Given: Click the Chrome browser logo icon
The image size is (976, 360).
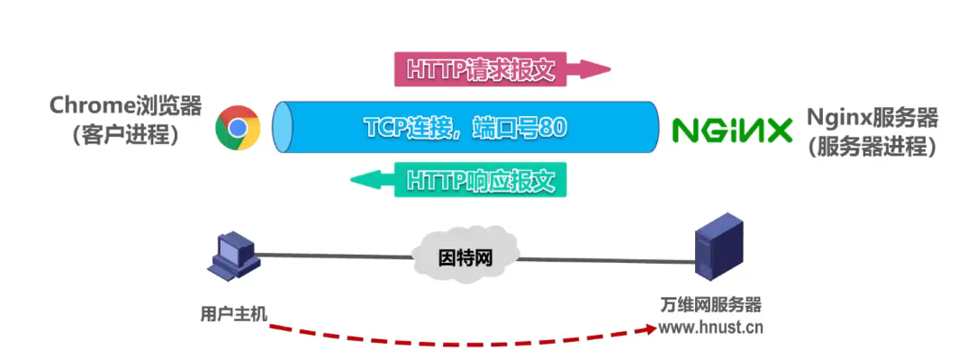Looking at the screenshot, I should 238,128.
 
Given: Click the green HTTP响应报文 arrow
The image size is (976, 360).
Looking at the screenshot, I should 459,180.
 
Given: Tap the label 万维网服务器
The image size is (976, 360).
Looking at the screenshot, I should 710,304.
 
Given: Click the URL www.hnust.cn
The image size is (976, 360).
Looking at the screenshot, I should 710,327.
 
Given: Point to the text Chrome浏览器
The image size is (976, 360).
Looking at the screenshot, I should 125,106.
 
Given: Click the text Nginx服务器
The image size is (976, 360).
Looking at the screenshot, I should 872,117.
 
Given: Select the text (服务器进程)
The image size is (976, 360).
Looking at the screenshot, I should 872,146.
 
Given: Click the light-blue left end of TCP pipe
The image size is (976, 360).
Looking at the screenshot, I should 283,128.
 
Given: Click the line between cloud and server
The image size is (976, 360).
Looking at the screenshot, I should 603,261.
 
